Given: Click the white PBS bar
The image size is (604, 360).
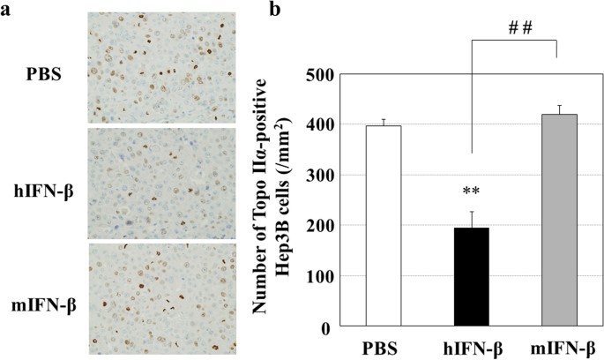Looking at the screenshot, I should [384, 226].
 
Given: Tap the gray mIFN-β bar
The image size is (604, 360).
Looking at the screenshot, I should [557, 221].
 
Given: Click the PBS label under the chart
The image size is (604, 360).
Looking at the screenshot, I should [384, 347].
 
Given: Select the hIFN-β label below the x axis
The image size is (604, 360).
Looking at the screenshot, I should [470, 347].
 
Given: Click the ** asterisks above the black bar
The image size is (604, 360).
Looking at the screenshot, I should [470, 191].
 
